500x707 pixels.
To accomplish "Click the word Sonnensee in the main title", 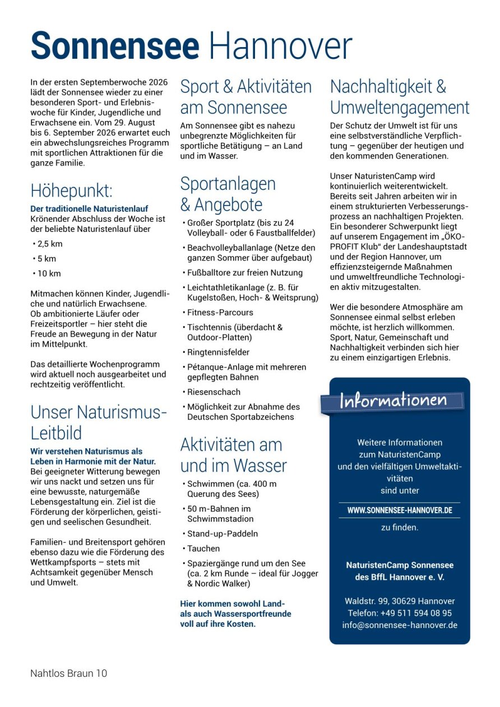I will (x=115, y=46).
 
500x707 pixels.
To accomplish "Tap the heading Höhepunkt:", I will (x=71, y=191).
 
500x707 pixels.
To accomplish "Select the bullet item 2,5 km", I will (x=50, y=244).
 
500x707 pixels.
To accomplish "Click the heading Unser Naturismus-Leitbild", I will (x=99, y=422).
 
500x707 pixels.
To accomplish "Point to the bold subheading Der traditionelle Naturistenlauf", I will (x=89, y=209).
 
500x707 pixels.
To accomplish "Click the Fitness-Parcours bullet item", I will (x=220, y=312).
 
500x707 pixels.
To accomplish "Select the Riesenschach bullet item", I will (x=214, y=392).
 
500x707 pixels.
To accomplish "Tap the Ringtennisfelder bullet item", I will (x=218, y=352).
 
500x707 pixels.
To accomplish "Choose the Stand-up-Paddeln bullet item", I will (x=223, y=533).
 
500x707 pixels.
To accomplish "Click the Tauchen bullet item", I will (x=203, y=548).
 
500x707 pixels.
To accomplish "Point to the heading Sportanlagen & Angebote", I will (x=228, y=194).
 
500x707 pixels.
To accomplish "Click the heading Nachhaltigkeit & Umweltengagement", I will (x=399, y=97).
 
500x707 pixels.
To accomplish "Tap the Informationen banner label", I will (x=393, y=401).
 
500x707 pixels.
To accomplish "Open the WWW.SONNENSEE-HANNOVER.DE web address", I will (x=400, y=510).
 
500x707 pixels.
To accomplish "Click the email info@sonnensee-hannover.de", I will (x=400, y=625).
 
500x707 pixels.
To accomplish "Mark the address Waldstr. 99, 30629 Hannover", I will (x=400, y=601).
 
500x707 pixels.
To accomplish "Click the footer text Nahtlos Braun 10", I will (x=68, y=673).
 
